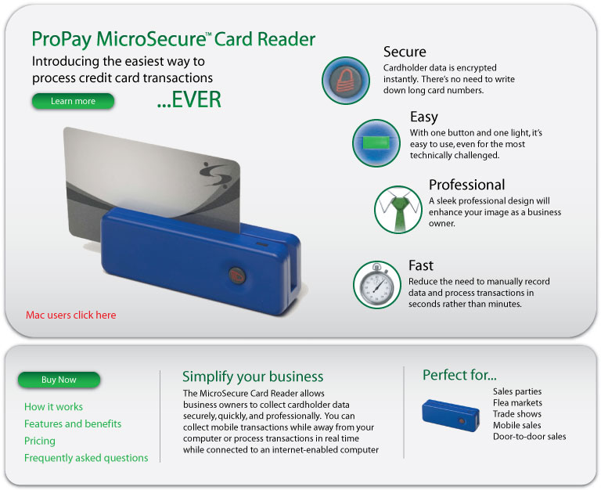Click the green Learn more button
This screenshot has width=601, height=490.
click(73, 101)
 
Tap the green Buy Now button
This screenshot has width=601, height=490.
click(59, 380)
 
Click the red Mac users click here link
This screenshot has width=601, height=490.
click(71, 315)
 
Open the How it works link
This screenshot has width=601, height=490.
click(54, 407)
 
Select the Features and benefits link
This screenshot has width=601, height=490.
click(73, 423)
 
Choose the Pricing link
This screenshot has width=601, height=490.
click(40, 441)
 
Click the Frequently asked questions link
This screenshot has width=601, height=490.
click(86, 458)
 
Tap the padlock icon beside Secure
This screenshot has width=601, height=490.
click(346, 81)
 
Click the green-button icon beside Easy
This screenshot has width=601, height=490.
click(376, 143)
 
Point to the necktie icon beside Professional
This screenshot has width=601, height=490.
click(398, 210)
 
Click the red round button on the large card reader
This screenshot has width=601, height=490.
click(237, 276)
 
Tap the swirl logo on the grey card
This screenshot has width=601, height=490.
click(214, 175)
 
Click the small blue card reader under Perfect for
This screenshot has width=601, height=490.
click(451, 415)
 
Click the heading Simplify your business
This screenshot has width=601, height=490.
click(253, 377)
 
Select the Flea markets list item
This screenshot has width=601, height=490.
click(517, 402)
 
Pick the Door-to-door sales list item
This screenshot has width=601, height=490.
click(529, 436)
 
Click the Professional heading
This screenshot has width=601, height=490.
click(467, 185)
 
